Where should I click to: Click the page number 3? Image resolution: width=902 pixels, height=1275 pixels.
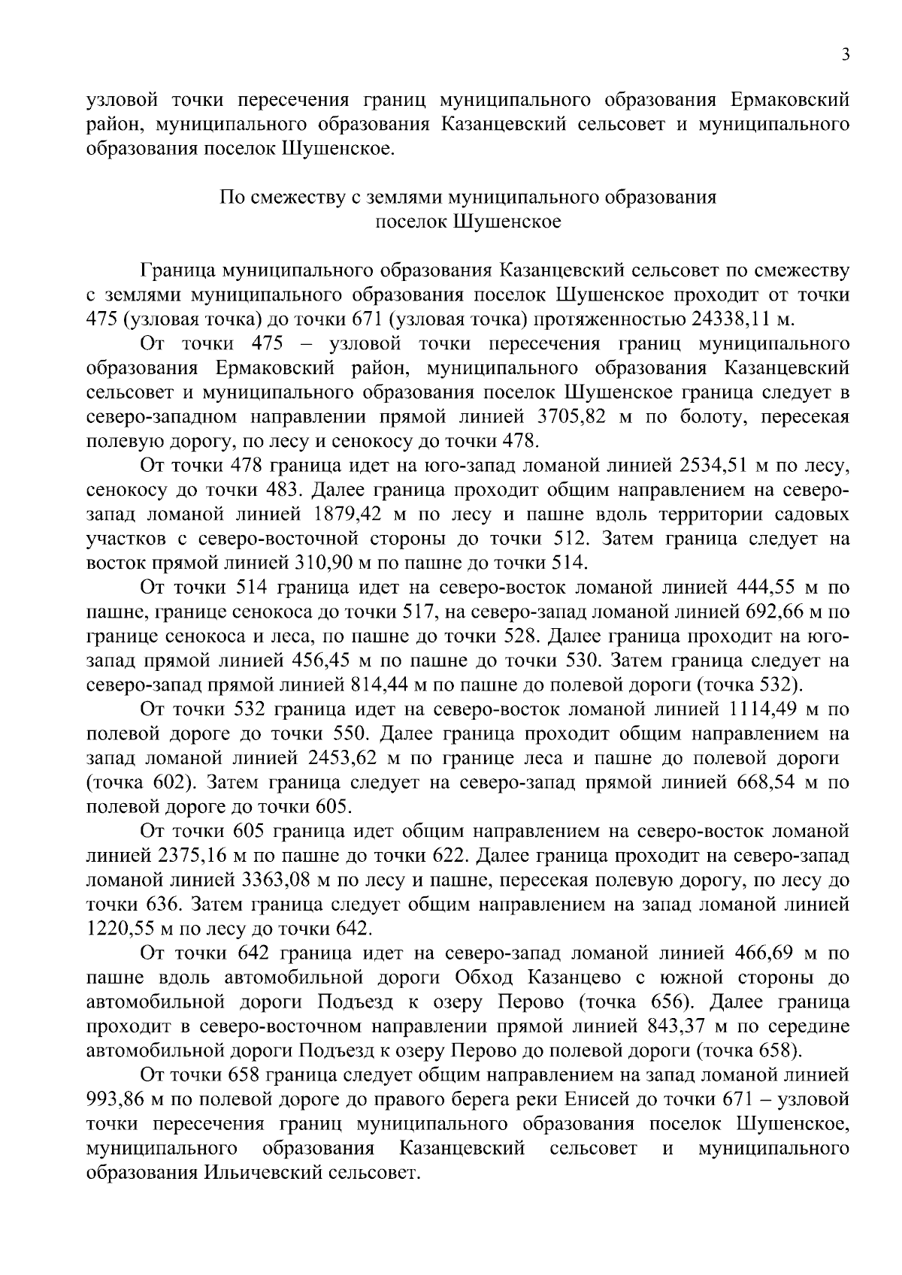(845, 54)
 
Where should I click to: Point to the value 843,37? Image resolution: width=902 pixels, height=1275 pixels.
(680, 1026)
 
